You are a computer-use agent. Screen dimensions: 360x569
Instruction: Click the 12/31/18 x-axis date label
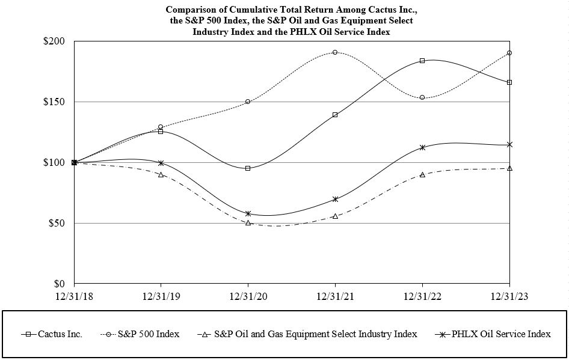pos(74,296)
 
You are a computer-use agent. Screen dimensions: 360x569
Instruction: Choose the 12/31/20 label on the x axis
pos(248,296)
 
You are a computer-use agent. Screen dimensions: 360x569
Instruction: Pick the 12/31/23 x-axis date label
pos(509,296)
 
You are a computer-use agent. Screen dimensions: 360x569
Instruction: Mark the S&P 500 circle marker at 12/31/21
pos(335,52)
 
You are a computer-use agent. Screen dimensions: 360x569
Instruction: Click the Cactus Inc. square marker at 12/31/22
pos(422,61)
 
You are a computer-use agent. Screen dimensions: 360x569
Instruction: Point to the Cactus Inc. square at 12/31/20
pos(248,168)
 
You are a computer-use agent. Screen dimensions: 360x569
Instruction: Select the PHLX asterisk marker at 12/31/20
pos(248,213)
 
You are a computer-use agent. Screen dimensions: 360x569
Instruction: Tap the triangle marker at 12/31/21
pos(335,216)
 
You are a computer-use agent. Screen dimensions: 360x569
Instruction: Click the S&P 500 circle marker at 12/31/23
pos(509,53)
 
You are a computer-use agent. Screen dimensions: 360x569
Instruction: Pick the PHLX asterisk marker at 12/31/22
pos(422,147)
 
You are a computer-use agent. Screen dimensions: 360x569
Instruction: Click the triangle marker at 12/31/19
pos(161,174)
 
